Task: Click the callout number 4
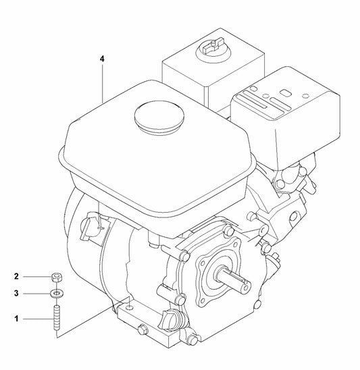tap(102, 59)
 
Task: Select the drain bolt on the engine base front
tap(141, 329)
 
